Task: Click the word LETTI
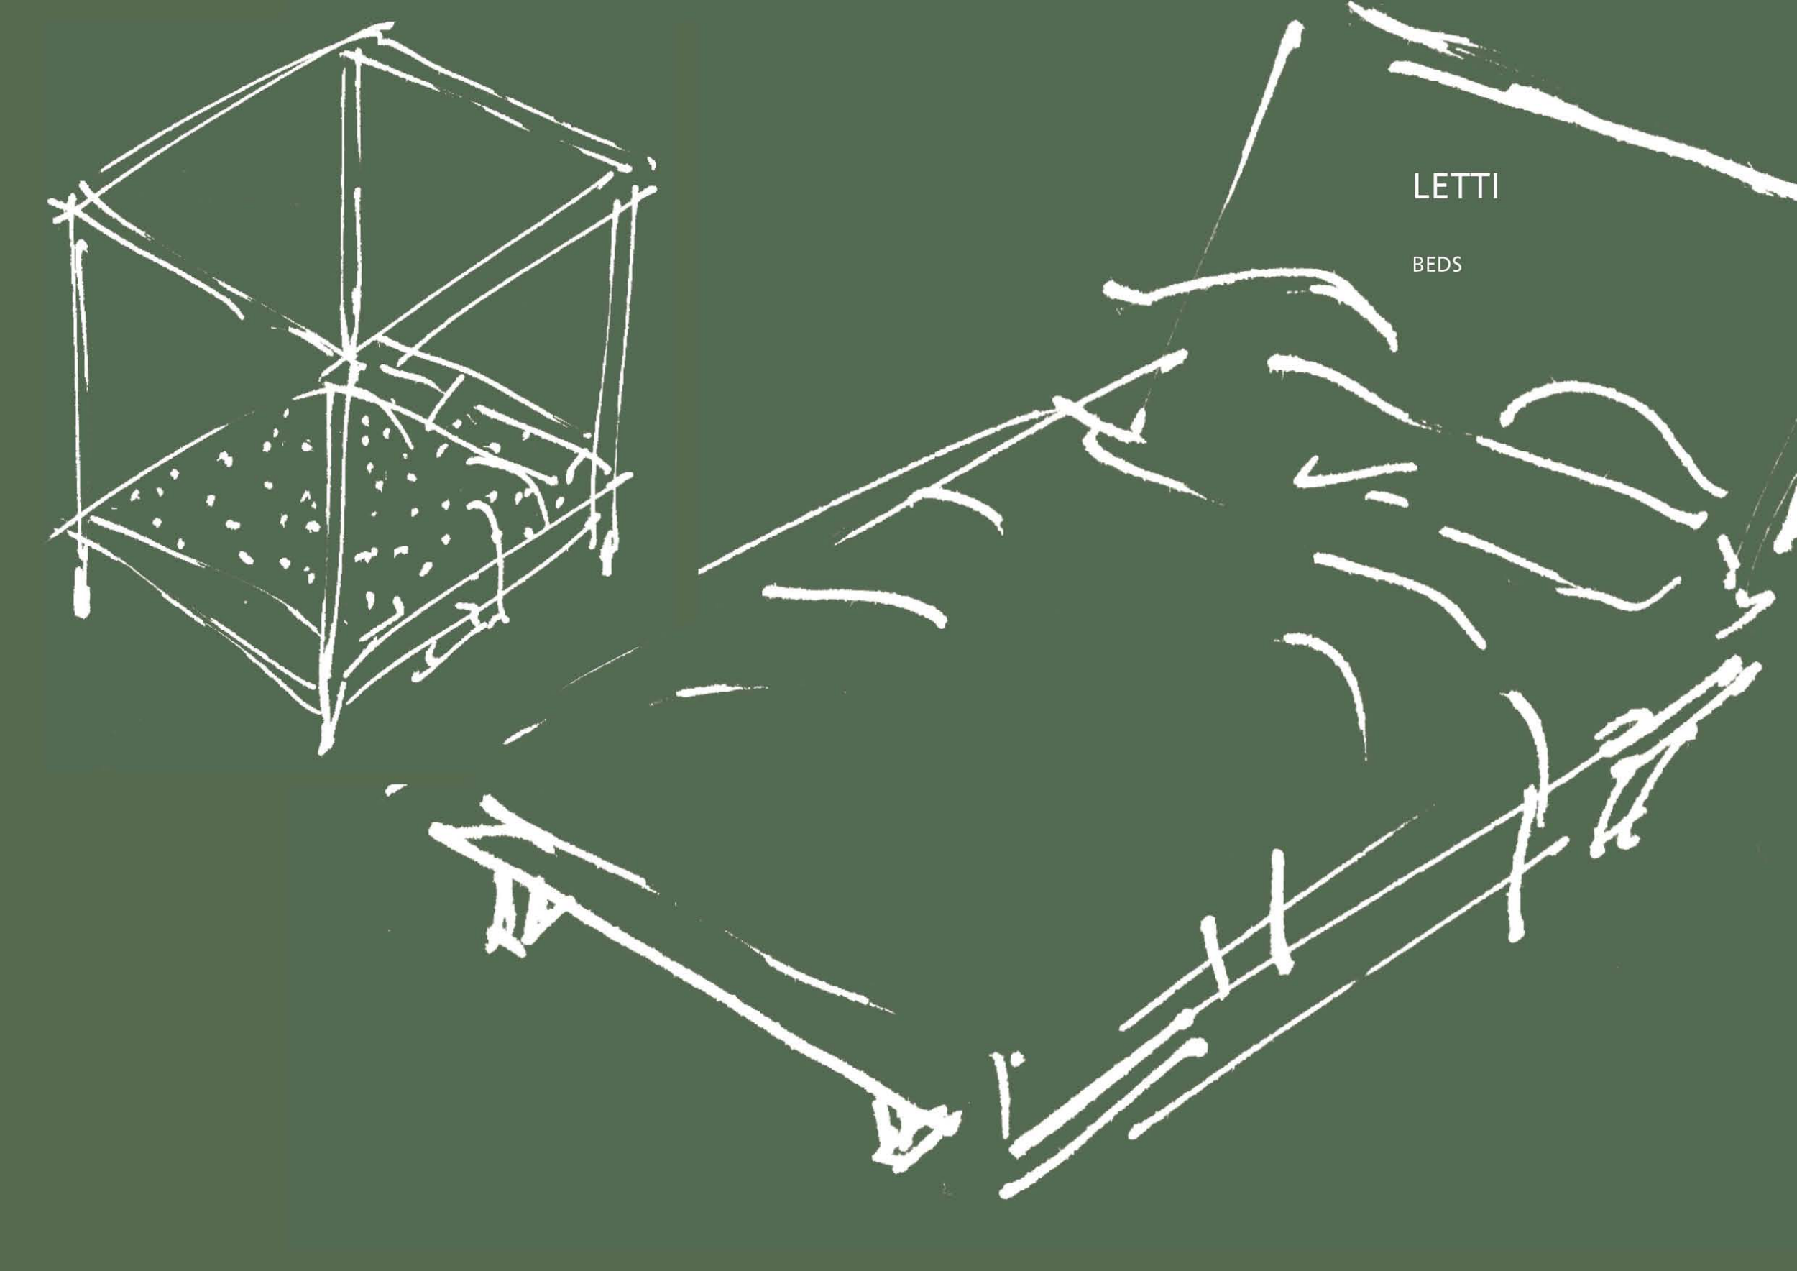[1455, 188]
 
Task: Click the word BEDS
[1437, 265]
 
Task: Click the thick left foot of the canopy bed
[81, 591]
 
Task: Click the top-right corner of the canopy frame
[633, 168]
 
